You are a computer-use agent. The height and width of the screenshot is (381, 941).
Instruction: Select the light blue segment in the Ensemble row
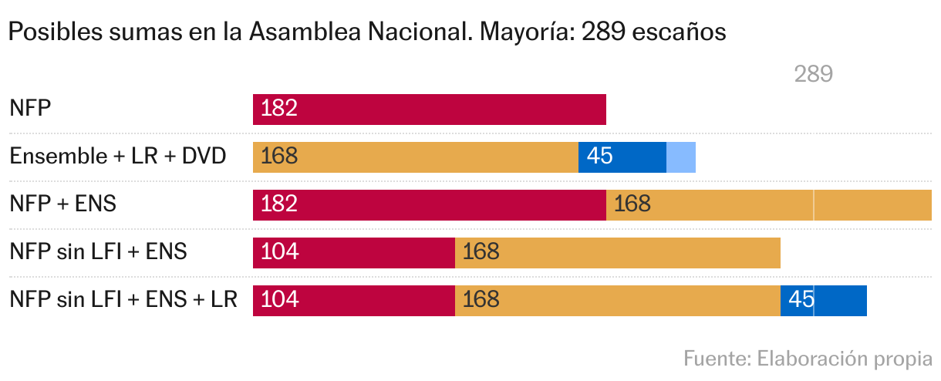coord(681,157)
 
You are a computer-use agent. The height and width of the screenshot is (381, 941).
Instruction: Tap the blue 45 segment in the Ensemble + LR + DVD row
coord(622,157)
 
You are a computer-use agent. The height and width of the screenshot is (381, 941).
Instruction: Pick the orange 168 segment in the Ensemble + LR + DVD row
coord(415,157)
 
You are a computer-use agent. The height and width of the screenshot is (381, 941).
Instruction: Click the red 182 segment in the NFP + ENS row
coord(429,204)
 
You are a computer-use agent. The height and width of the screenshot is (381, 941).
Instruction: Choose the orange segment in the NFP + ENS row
coord(768,204)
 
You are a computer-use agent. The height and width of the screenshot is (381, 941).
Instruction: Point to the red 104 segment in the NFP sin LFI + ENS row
coord(353,252)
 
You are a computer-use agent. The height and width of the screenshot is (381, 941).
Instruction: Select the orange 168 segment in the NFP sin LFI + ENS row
coord(617,252)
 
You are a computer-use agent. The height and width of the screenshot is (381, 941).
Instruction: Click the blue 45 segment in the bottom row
coord(823,300)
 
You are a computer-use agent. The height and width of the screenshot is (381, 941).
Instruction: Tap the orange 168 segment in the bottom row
coord(617,300)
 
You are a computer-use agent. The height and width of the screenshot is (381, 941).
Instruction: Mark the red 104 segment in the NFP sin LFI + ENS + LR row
coord(353,300)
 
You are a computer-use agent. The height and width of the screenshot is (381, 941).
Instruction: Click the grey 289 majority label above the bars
coord(813,74)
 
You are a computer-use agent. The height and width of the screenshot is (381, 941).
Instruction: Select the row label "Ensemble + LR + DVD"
coord(117,157)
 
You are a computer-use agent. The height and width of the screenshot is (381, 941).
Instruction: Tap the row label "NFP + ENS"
coord(62,204)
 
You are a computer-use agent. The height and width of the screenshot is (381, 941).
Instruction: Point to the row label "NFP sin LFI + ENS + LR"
coord(123,300)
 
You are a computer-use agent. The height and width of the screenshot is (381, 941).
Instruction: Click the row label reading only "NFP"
coord(30,109)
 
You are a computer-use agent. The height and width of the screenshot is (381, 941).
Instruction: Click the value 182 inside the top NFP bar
coord(279,109)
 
